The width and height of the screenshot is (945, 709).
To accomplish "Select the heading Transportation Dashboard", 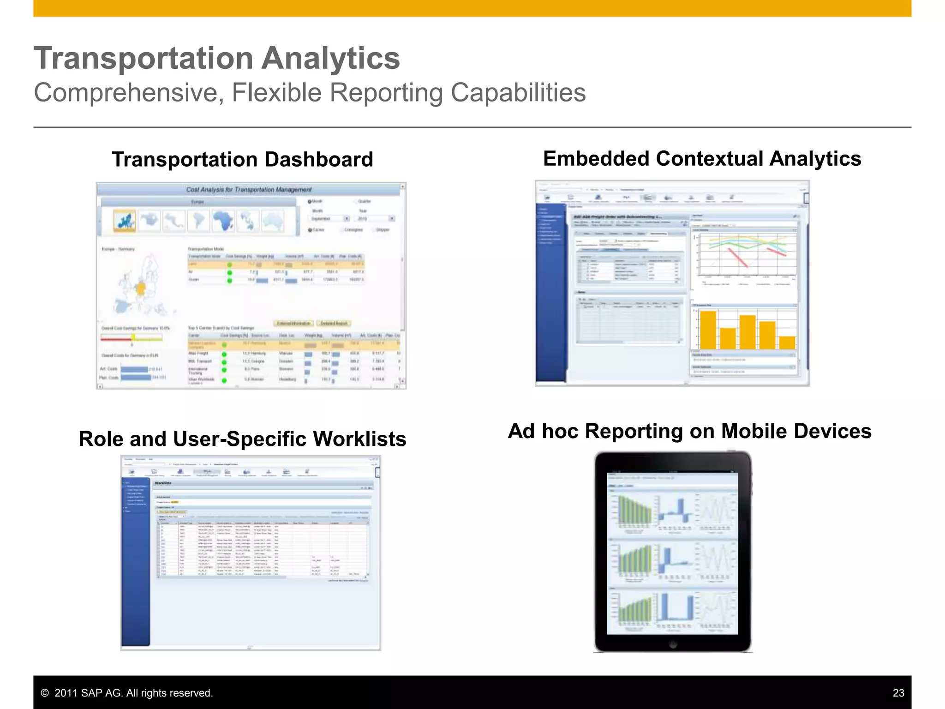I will click(x=242, y=160).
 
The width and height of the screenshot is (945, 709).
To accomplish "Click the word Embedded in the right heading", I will click(x=596, y=159).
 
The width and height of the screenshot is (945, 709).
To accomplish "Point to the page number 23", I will click(x=898, y=693).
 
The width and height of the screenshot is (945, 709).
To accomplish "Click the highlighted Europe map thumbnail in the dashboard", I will click(x=125, y=221).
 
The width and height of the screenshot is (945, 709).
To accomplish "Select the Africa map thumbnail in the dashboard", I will click(x=223, y=221).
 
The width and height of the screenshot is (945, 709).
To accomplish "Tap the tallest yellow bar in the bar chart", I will click(x=708, y=330).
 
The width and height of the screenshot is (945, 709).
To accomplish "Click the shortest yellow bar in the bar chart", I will click(x=787, y=342).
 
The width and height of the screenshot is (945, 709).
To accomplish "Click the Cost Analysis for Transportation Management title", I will click(x=249, y=190).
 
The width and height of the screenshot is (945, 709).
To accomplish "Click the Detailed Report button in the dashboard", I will click(x=334, y=323).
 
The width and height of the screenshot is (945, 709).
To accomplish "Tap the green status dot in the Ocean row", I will click(x=229, y=280).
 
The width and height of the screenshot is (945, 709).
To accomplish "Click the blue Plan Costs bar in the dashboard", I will click(x=136, y=378).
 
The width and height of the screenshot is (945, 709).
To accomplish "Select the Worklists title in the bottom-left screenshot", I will click(x=163, y=483).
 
